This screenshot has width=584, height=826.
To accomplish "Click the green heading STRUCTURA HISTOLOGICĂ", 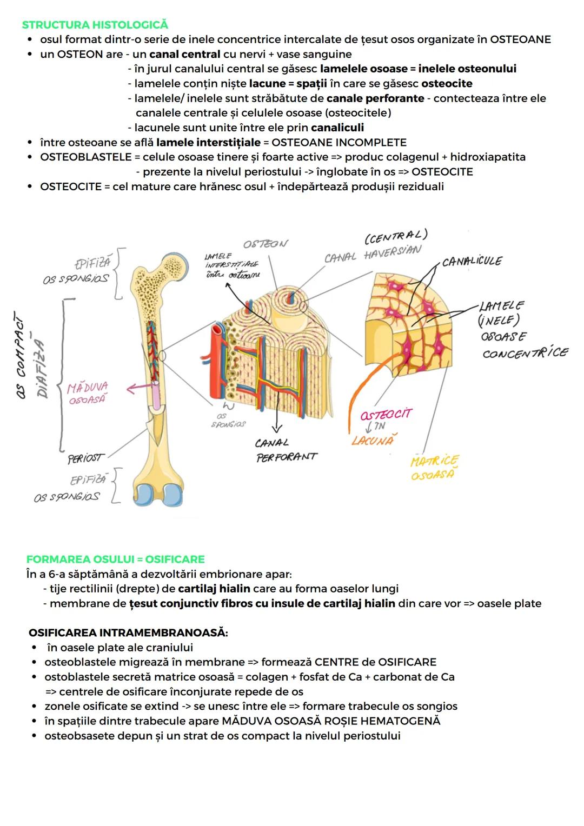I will point(95,25).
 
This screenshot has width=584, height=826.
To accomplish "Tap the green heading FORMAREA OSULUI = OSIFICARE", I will point(116,559).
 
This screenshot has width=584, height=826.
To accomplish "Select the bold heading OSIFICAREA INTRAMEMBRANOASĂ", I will point(128,632).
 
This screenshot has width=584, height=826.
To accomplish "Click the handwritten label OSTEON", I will point(266,244).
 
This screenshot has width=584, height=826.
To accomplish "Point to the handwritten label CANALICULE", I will point(472,262).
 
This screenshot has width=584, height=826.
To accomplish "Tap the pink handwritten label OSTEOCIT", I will point(386,415).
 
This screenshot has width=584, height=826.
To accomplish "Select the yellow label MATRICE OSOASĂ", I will point(434,468).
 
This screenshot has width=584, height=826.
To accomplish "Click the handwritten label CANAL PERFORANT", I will point(286,450).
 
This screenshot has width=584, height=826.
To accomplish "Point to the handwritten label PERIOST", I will point(85,458).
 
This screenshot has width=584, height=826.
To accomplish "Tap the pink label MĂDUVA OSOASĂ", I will point(88,393).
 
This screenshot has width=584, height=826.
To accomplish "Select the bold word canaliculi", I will point(337,128).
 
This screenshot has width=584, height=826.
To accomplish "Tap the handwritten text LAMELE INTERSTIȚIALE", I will point(231,265).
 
